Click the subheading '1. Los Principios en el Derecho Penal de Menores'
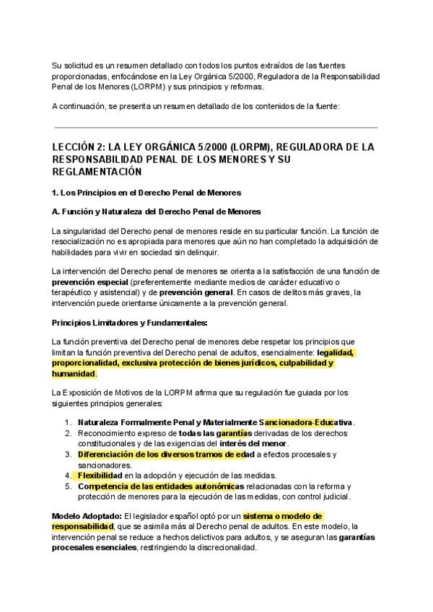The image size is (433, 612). pos(146,193)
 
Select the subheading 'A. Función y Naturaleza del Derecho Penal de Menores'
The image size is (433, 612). pos(156,211)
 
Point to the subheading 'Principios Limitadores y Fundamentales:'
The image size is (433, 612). pos(129,322)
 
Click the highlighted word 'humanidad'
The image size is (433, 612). pos(74,375)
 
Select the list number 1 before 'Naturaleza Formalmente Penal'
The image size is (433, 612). pos(68,421)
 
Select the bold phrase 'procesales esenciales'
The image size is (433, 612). pos(97,548)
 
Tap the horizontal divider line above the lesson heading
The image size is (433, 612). pos(216,128)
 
